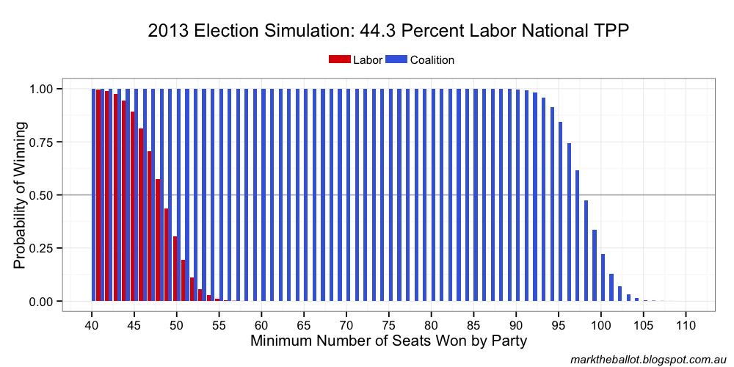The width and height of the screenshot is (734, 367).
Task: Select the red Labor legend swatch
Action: (340, 60)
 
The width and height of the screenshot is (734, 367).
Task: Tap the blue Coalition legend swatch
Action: (396, 60)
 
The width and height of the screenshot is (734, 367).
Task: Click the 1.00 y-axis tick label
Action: (41, 89)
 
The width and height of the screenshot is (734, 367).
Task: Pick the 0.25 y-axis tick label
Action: (41, 248)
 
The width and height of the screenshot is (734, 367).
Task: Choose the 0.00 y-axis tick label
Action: (41, 302)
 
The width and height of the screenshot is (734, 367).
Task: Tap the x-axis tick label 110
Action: (686, 324)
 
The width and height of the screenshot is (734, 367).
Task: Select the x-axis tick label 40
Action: (92, 324)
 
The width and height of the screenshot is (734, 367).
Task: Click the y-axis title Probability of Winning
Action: (20, 195)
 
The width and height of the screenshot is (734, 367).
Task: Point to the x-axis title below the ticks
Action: (388, 341)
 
